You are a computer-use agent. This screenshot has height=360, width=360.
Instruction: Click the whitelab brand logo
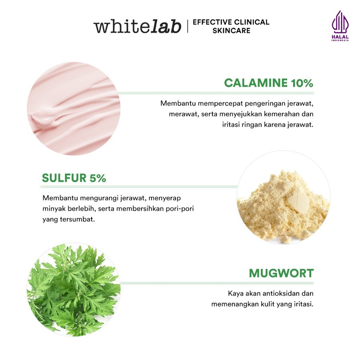click(137, 26)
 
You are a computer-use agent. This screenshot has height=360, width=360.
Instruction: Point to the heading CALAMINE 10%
click(268, 83)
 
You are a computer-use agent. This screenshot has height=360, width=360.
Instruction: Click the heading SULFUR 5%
click(74, 178)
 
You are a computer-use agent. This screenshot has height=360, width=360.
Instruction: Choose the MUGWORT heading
click(281, 274)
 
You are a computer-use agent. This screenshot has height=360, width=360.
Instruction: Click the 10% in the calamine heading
click(301, 83)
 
